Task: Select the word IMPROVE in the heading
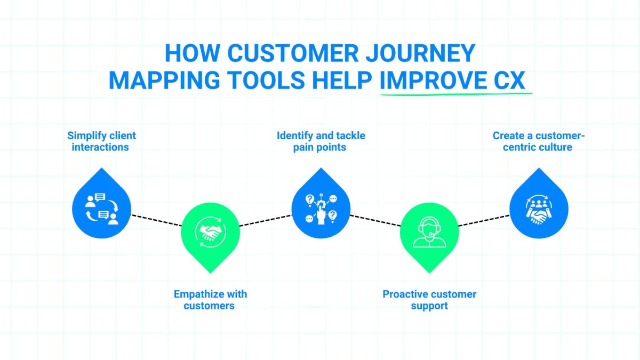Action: coord(430,80)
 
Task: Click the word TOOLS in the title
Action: coord(267,80)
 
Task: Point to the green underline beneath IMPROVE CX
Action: coord(456,94)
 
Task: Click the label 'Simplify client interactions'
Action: coord(101,141)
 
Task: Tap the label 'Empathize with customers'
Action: coord(210,300)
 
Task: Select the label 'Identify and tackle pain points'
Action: coord(321,141)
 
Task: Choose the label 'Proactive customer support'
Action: coord(429,300)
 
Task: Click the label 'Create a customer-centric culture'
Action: coord(539,141)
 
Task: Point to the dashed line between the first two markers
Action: coord(156,221)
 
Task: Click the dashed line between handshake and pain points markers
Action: coord(266,220)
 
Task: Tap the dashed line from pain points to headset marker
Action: coord(375,221)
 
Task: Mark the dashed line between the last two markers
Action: coord(484,220)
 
